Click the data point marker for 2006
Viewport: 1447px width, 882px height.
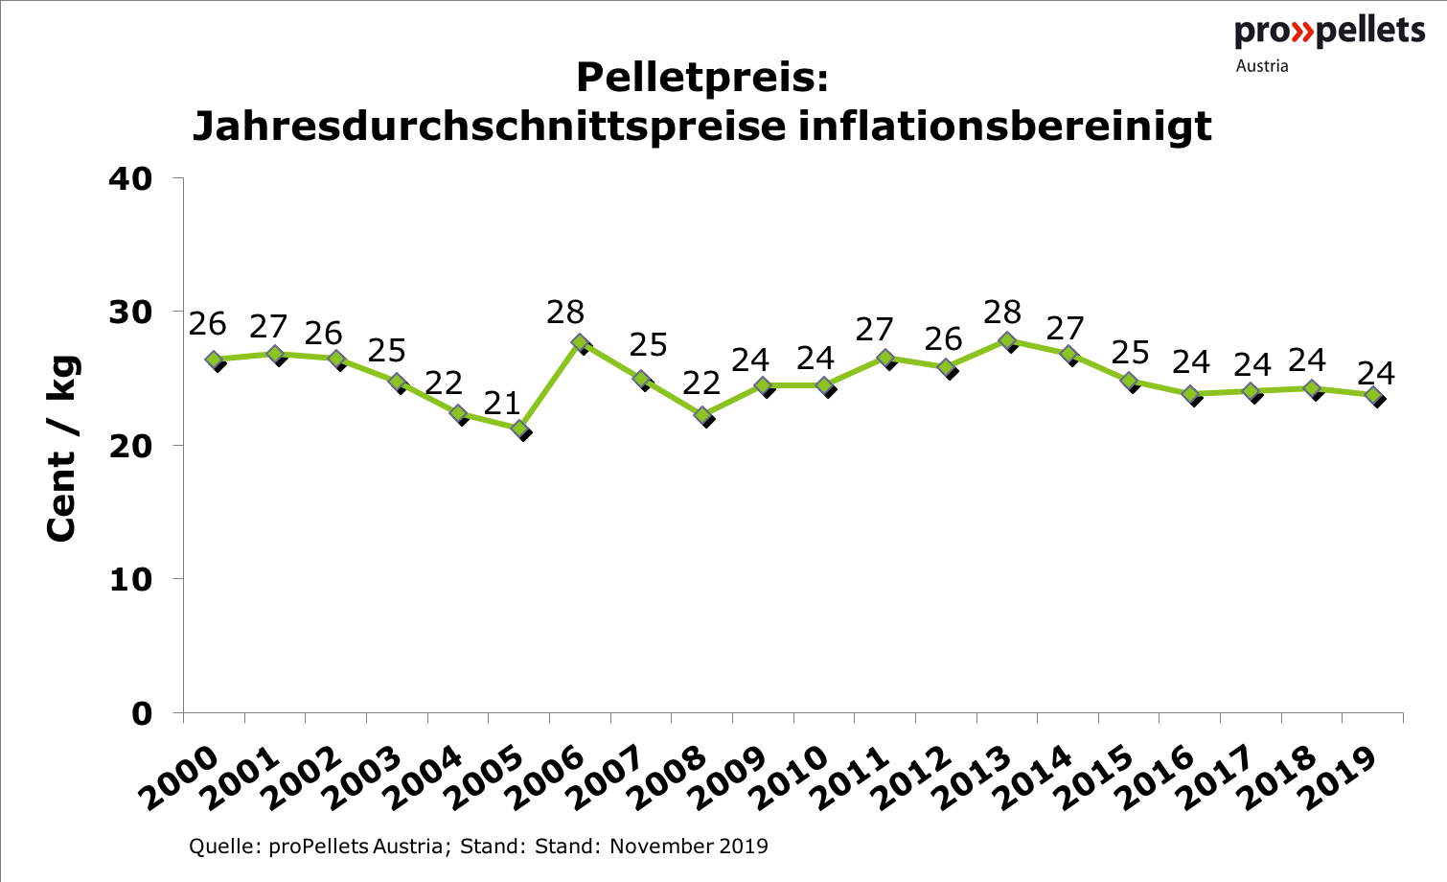click(x=581, y=342)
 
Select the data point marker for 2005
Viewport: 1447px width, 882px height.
click(x=520, y=429)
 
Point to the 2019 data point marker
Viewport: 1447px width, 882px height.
click(x=1373, y=396)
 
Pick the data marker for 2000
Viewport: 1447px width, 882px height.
click(x=215, y=360)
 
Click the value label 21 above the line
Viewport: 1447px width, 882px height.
click(x=501, y=404)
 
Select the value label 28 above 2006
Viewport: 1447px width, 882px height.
click(x=565, y=312)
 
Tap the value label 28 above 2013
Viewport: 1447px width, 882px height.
click(x=1002, y=312)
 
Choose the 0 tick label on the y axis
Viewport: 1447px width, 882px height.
click(x=142, y=714)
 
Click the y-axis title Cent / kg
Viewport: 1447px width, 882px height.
click(x=61, y=447)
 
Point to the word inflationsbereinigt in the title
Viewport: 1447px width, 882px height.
click(x=1005, y=126)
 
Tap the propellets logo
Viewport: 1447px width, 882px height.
click(x=1329, y=31)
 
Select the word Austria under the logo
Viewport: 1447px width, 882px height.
click(x=1262, y=66)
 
